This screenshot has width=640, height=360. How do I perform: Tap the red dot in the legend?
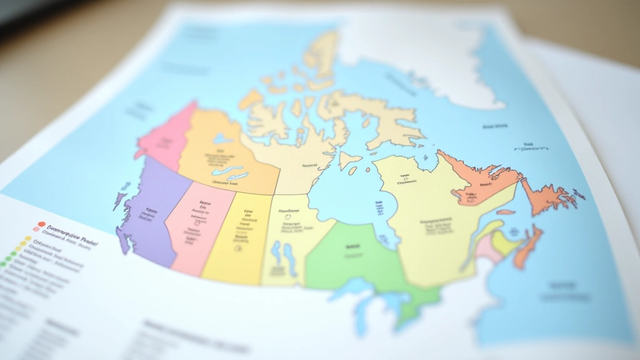pyautogui.click(x=41, y=224)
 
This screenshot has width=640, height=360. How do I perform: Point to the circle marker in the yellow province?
pyautogui.click(x=237, y=248)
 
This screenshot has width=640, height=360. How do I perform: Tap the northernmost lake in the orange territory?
pyautogui.click(x=221, y=139)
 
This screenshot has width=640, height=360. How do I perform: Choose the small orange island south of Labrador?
pyautogui.click(x=505, y=212)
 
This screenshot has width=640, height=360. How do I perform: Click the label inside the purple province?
pyautogui.click(x=151, y=211)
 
